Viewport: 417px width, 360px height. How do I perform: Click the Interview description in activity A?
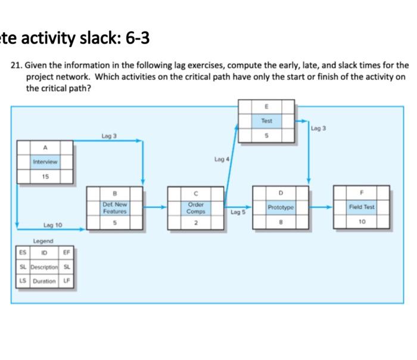tap(45, 161)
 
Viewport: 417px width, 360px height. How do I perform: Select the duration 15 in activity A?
tap(45, 176)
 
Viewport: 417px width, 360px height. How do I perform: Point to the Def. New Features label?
tap(114, 207)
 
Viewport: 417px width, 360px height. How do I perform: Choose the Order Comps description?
tap(195, 207)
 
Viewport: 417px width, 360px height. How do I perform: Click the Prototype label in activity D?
tap(281, 207)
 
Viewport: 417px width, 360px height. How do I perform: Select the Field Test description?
tap(362, 207)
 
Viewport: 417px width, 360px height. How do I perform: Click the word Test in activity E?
tap(266, 121)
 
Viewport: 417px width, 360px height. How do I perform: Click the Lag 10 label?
tap(53, 225)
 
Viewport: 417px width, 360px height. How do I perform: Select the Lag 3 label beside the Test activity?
tap(319, 128)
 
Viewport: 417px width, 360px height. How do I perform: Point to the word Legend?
tap(43, 241)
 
